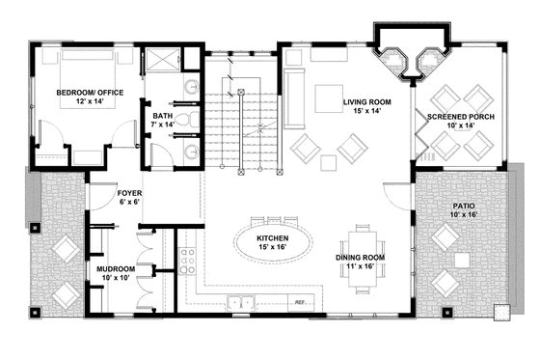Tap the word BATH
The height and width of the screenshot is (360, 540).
163,116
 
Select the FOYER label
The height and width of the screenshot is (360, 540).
129,193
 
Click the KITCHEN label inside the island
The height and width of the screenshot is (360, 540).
274,237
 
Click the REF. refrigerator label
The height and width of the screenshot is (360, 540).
300,303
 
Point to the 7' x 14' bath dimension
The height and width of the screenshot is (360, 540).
163,125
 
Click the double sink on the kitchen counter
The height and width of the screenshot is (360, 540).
241,305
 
